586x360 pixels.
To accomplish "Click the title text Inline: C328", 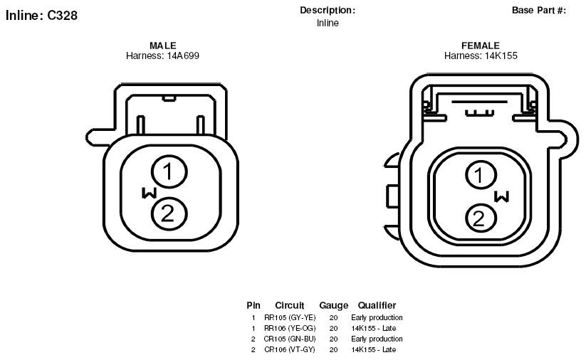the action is [x=41, y=16].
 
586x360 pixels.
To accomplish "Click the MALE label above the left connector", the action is [x=162, y=46].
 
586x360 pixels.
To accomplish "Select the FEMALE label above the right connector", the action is [x=480, y=46].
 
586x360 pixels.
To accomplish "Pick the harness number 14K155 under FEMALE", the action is [x=501, y=55].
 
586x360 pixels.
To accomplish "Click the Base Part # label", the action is [x=539, y=11].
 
